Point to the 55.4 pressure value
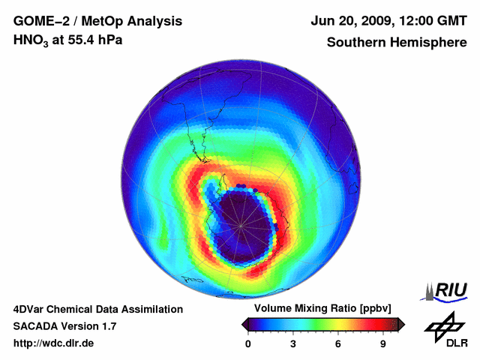point(79,40)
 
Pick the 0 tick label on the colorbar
point(248,343)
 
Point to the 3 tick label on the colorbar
point(293,343)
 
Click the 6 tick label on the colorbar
point(338,343)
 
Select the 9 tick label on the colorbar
point(383,343)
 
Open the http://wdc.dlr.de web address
point(54,343)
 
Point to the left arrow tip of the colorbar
point(244,324)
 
